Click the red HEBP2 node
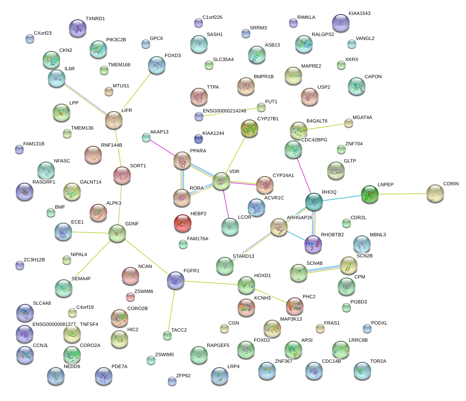pos(183,223)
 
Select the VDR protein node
pos(221,181)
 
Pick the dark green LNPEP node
pos(369,194)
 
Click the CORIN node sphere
pos(435,193)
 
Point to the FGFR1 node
pos(176,280)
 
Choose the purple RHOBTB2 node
pos(313,244)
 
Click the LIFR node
pos(114,120)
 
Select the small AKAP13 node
pos(146,137)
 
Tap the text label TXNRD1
pos(95,19)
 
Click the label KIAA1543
pos(359,13)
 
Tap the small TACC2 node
pos(167,336)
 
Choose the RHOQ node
pos(314,201)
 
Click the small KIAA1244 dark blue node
pos(199,139)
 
